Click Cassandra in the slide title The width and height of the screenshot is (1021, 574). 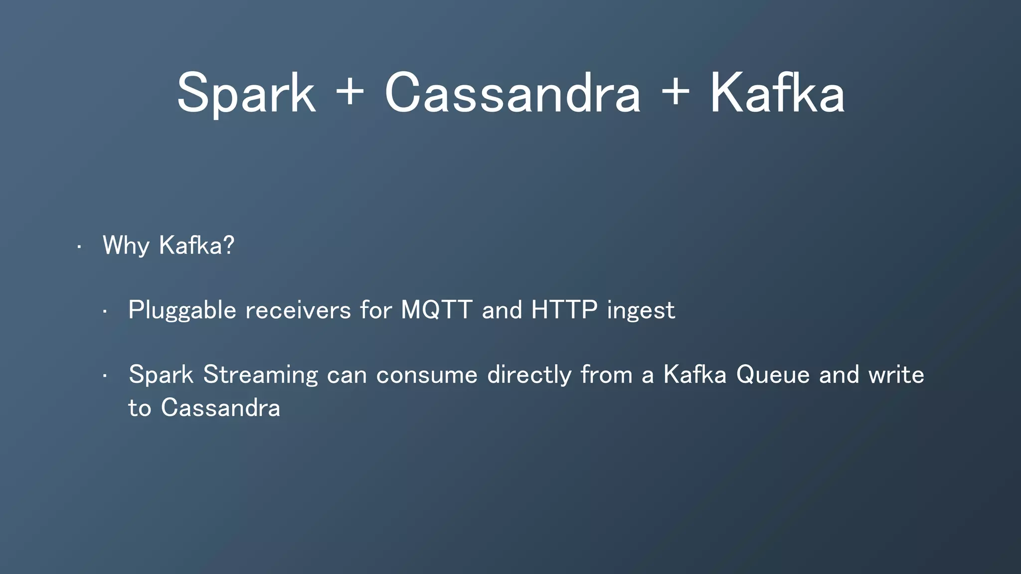pos(512,94)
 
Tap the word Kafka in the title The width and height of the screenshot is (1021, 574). pos(777,94)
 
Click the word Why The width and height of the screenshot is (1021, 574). pos(126,246)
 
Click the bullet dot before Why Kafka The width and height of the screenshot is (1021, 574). pos(79,247)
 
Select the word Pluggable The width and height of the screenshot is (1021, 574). pos(182,311)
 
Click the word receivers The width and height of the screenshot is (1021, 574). pos(298,310)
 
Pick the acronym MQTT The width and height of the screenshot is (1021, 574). pos(436,310)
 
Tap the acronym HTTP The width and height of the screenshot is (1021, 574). pos(564,310)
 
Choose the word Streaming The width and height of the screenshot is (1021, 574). pos(260,375)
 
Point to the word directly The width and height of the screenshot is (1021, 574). pos(529,375)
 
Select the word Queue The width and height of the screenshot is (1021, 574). pos(773,375)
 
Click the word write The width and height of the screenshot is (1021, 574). pos(896,375)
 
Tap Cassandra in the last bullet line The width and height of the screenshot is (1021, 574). pos(220,408)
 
